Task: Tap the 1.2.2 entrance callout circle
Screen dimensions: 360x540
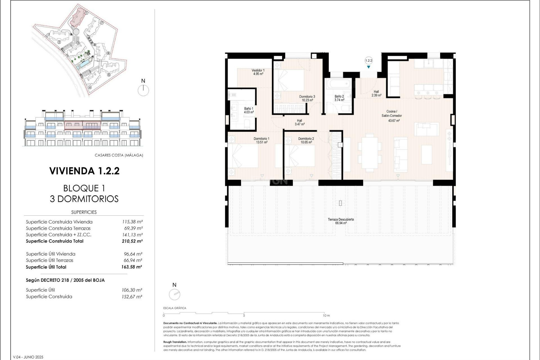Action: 368,60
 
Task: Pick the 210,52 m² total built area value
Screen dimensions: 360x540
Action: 132,241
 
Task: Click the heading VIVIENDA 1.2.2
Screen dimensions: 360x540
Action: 84,171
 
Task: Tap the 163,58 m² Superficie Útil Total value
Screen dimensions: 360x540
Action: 132,267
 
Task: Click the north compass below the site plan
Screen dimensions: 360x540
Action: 143,90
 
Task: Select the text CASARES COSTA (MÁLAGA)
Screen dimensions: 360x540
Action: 119,155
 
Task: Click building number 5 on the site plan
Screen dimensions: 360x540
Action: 109,75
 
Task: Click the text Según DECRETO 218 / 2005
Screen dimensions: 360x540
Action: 65,280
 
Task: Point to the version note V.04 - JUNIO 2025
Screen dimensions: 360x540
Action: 28,357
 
